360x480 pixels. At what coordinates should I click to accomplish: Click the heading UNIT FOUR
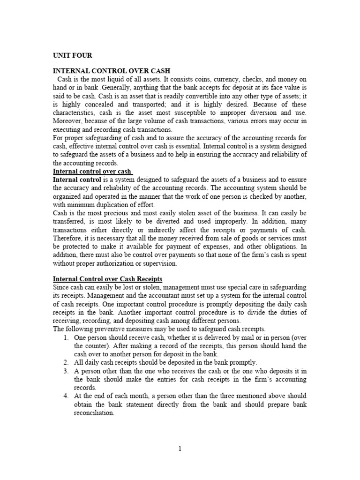pos(72,54)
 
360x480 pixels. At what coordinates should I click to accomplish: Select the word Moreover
pos(69,121)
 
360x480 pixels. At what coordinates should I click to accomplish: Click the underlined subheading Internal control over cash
pos(92,172)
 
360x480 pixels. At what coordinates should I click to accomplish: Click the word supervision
pos(161,264)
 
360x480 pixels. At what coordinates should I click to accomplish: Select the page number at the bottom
pos(180,449)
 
